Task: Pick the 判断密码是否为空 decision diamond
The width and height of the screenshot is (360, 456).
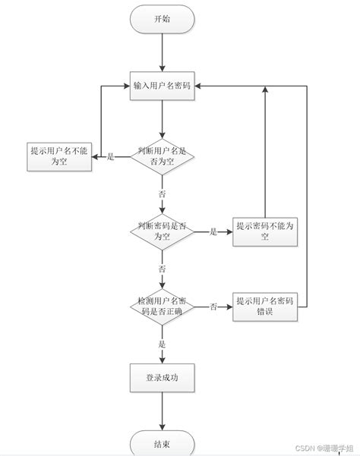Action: [163, 231]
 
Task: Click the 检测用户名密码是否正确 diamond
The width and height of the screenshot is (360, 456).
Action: [163, 307]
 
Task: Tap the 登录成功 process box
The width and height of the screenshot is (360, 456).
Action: [163, 376]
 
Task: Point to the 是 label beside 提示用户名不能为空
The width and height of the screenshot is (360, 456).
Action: [110, 156]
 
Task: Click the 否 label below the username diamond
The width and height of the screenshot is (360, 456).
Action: [163, 195]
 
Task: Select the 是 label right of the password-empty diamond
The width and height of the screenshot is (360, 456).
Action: [213, 232]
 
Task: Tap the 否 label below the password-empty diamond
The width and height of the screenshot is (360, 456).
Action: [163, 269]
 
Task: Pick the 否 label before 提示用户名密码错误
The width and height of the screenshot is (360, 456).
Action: [213, 307]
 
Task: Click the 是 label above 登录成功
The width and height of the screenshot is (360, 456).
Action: [163, 344]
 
